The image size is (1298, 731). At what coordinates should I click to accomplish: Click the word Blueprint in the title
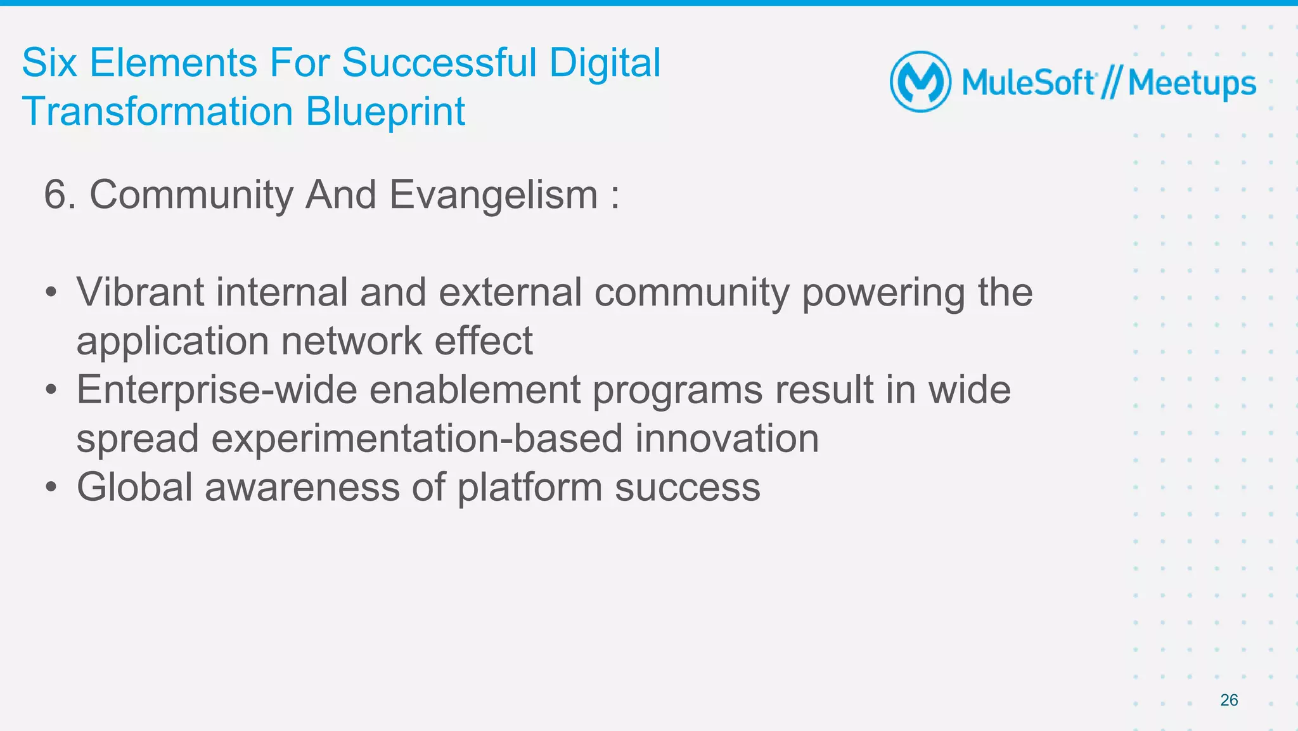point(385,112)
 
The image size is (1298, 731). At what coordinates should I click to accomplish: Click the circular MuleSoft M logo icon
point(920,82)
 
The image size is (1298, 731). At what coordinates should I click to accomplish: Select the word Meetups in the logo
point(1192,84)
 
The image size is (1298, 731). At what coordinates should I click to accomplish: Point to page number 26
point(1229,700)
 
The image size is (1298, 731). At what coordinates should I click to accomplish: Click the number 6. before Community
point(60,195)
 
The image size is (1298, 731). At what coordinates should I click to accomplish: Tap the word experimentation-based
point(416,439)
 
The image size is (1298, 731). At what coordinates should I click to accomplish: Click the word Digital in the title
point(605,63)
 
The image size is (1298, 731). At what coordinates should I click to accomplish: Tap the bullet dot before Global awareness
point(51,488)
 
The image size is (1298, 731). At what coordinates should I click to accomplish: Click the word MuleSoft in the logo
point(1028,83)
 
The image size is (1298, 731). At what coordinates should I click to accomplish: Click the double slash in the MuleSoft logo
point(1111,84)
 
